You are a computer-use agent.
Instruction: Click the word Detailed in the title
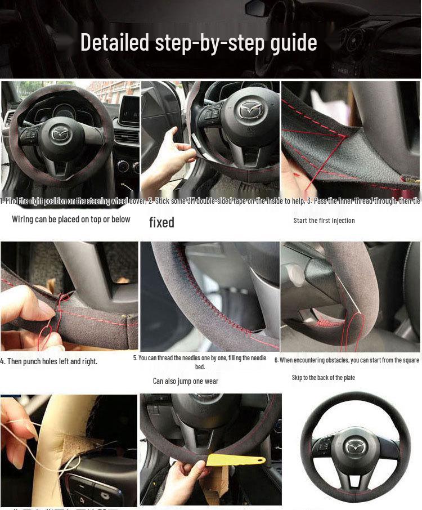point(115,43)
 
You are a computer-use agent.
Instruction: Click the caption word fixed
point(161,222)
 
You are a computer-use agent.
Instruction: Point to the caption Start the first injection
point(324,221)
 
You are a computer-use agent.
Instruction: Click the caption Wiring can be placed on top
point(71,220)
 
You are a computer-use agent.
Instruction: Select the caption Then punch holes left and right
point(49,361)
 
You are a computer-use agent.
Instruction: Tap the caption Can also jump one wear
point(186,381)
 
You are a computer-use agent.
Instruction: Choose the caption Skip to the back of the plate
point(323,378)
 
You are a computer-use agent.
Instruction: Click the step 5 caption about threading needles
point(200,361)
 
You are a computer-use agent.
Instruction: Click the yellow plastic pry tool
point(234,460)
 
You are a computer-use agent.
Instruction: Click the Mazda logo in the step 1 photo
point(59,133)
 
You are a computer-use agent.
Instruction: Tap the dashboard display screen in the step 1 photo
point(130,109)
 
